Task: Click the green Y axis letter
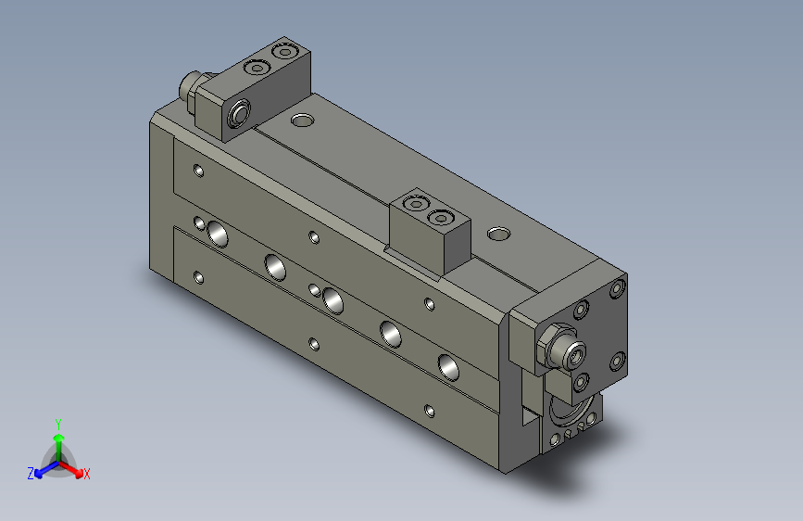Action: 58,422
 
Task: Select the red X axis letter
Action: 86,475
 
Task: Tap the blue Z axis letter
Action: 31,474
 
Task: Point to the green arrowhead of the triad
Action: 58,437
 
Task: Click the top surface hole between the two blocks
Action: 302,120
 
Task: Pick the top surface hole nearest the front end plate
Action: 498,233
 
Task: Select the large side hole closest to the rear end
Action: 220,233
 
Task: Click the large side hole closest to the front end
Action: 447,367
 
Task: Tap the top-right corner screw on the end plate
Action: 617,289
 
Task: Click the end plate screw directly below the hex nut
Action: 581,380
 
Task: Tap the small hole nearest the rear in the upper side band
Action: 198,171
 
